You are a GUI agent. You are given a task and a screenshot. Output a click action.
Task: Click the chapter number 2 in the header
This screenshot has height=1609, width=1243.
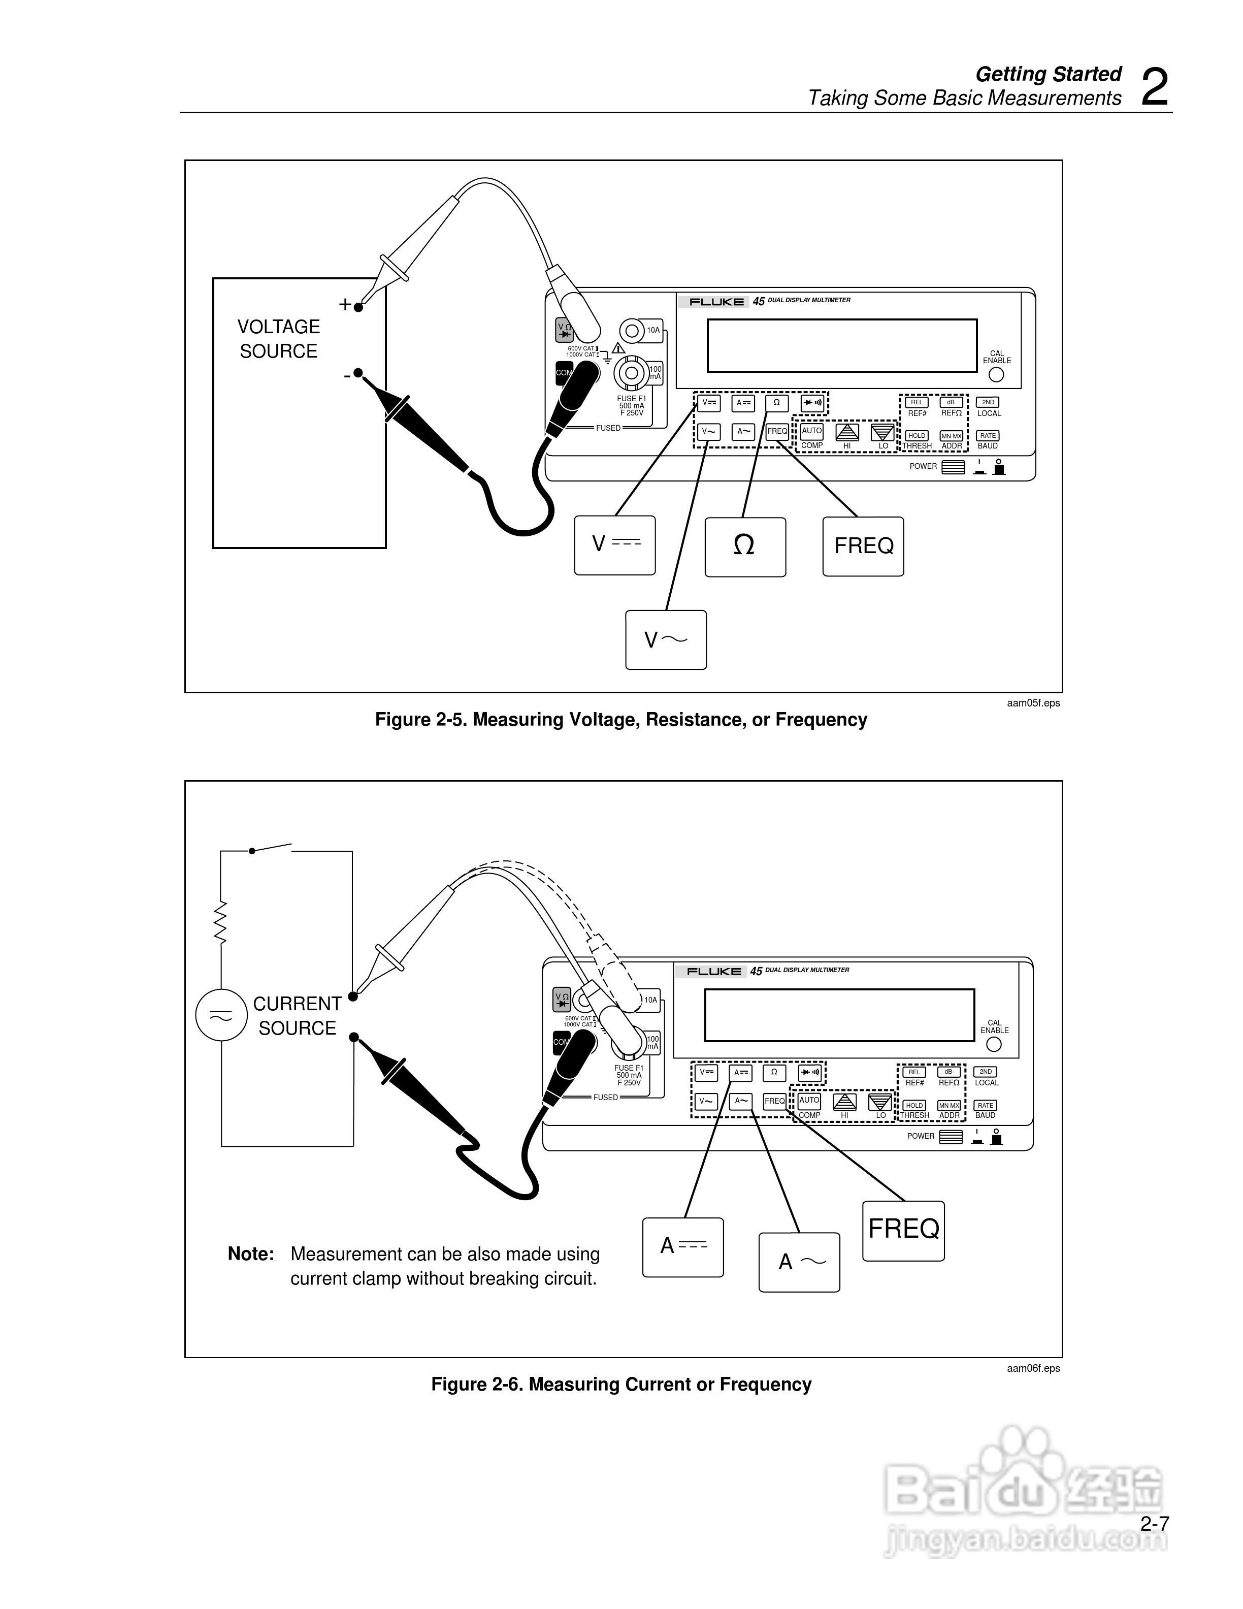(x=1155, y=88)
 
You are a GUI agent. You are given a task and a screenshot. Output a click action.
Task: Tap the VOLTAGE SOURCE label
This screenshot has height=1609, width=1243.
(x=278, y=339)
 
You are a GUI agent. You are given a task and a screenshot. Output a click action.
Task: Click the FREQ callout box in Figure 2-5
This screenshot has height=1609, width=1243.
(x=863, y=546)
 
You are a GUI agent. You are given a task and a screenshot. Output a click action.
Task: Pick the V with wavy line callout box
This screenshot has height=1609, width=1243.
(x=666, y=639)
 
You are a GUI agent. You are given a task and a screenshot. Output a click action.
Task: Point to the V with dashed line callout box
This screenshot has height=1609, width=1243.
(x=615, y=544)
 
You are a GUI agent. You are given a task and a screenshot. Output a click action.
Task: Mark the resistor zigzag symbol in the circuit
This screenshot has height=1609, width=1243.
(x=220, y=922)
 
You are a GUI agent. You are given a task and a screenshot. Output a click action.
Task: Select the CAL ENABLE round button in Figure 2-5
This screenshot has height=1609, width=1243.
(x=996, y=374)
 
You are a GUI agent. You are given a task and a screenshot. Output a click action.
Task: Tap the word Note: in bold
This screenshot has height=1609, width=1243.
(x=250, y=1254)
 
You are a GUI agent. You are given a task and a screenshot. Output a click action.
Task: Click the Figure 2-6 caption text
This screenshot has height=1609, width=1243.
(x=621, y=1385)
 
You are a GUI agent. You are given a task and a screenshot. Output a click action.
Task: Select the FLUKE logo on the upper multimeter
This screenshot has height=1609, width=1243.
(x=716, y=301)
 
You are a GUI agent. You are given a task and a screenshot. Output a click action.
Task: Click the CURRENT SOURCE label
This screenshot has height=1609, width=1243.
(x=297, y=1016)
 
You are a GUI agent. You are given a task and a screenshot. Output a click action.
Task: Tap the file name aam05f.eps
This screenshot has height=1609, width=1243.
(x=1033, y=703)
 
